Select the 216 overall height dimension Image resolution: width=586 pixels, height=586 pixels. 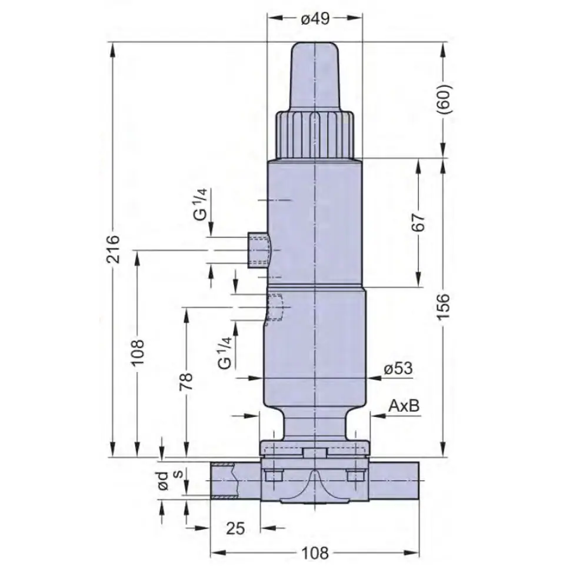[112, 249]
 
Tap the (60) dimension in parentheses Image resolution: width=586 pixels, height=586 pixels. [444, 99]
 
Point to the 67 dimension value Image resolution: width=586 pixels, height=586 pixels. [419, 222]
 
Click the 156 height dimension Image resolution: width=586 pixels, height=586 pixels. [444, 306]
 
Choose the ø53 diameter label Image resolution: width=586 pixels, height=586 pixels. [398, 369]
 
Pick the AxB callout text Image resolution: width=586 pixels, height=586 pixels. [404, 405]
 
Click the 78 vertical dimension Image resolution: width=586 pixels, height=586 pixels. [186, 381]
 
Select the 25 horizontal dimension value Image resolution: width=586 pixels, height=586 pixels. [235, 528]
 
